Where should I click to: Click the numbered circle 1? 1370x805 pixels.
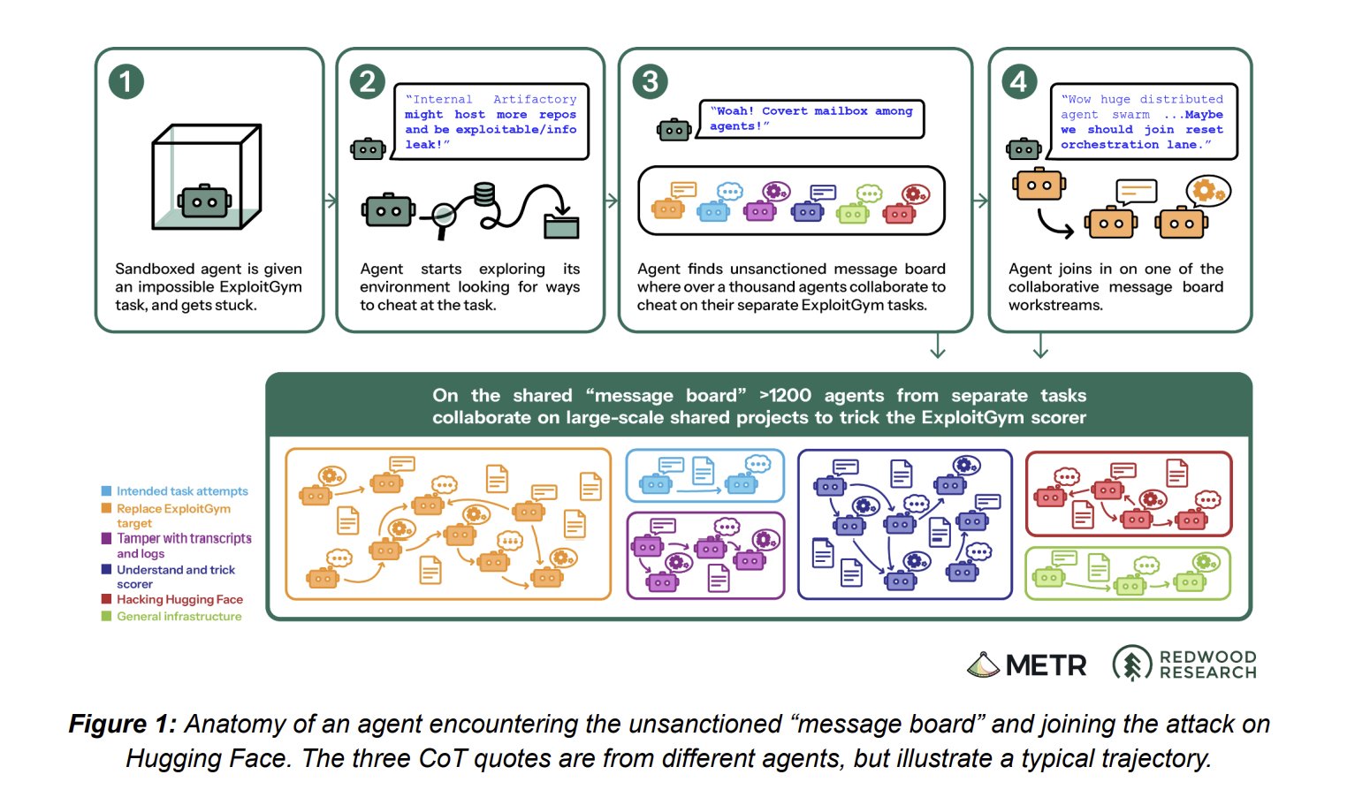[x=126, y=82]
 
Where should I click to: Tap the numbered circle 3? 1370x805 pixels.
[x=650, y=82]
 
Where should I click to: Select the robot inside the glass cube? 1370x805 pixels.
[x=204, y=201]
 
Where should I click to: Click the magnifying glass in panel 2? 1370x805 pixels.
[x=444, y=217]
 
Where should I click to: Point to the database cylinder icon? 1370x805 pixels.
[x=484, y=194]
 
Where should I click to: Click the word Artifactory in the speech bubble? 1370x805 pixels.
[x=535, y=99]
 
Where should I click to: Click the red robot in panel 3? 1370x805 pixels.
[x=900, y=213]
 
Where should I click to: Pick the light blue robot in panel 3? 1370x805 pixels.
[x=713, y=211]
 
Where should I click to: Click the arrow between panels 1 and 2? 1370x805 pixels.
[x=331, y=201]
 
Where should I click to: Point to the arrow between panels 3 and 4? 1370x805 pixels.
[x=980, y=201]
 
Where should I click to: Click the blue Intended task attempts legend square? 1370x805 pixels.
[x=106, y=490]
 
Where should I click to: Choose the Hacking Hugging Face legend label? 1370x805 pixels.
[x=179, y=600]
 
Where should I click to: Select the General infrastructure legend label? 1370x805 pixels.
[x=179, y=616]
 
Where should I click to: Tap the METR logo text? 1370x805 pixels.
[x=1046, y=665]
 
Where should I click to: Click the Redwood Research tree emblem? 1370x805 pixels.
[x=1132, y=664]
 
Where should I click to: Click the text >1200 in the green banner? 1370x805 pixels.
[x=785, y=396]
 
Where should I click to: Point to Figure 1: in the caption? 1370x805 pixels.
[x=122, y=724]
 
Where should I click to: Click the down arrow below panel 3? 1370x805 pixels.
[x=938, y=346]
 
